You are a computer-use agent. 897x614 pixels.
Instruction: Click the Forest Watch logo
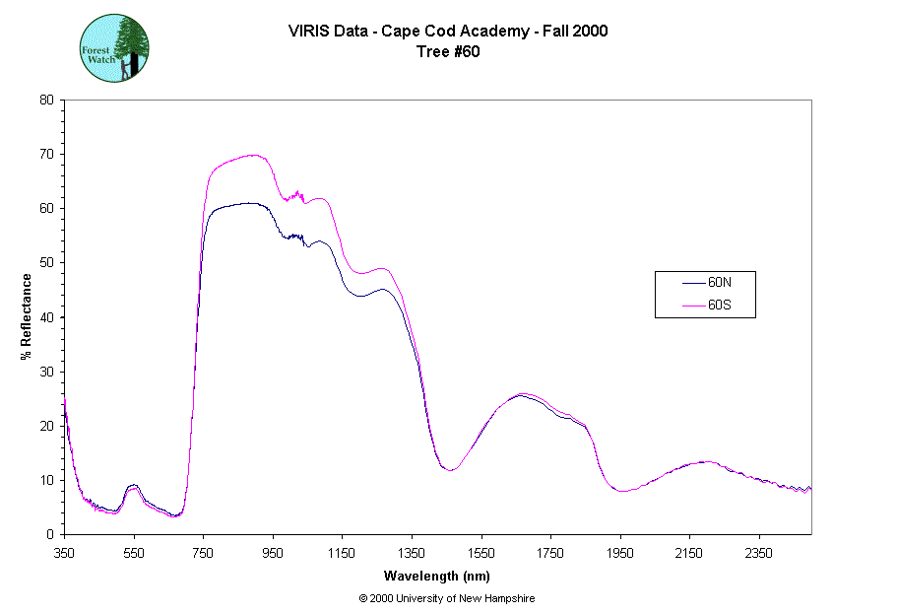coord(114,47)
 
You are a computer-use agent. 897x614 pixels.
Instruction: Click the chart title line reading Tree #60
coord(448,52)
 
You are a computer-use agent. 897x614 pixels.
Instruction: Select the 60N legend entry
coord(718,282)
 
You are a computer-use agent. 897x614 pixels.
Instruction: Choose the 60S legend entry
coord(718,306)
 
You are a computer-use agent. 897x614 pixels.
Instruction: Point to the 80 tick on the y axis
coord(46,100)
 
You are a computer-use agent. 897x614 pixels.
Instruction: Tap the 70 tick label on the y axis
coord(46,154)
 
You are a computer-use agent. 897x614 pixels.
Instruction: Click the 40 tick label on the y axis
coord(46,317)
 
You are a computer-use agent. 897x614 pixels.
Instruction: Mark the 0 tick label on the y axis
coord(49,534)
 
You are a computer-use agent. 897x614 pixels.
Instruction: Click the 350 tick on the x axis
coord(64,553)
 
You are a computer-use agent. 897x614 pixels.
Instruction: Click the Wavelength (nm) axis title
coord(437,576)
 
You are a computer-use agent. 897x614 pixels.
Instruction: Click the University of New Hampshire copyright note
coord(447,598)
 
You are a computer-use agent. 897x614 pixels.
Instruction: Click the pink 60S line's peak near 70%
coord(252,155)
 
